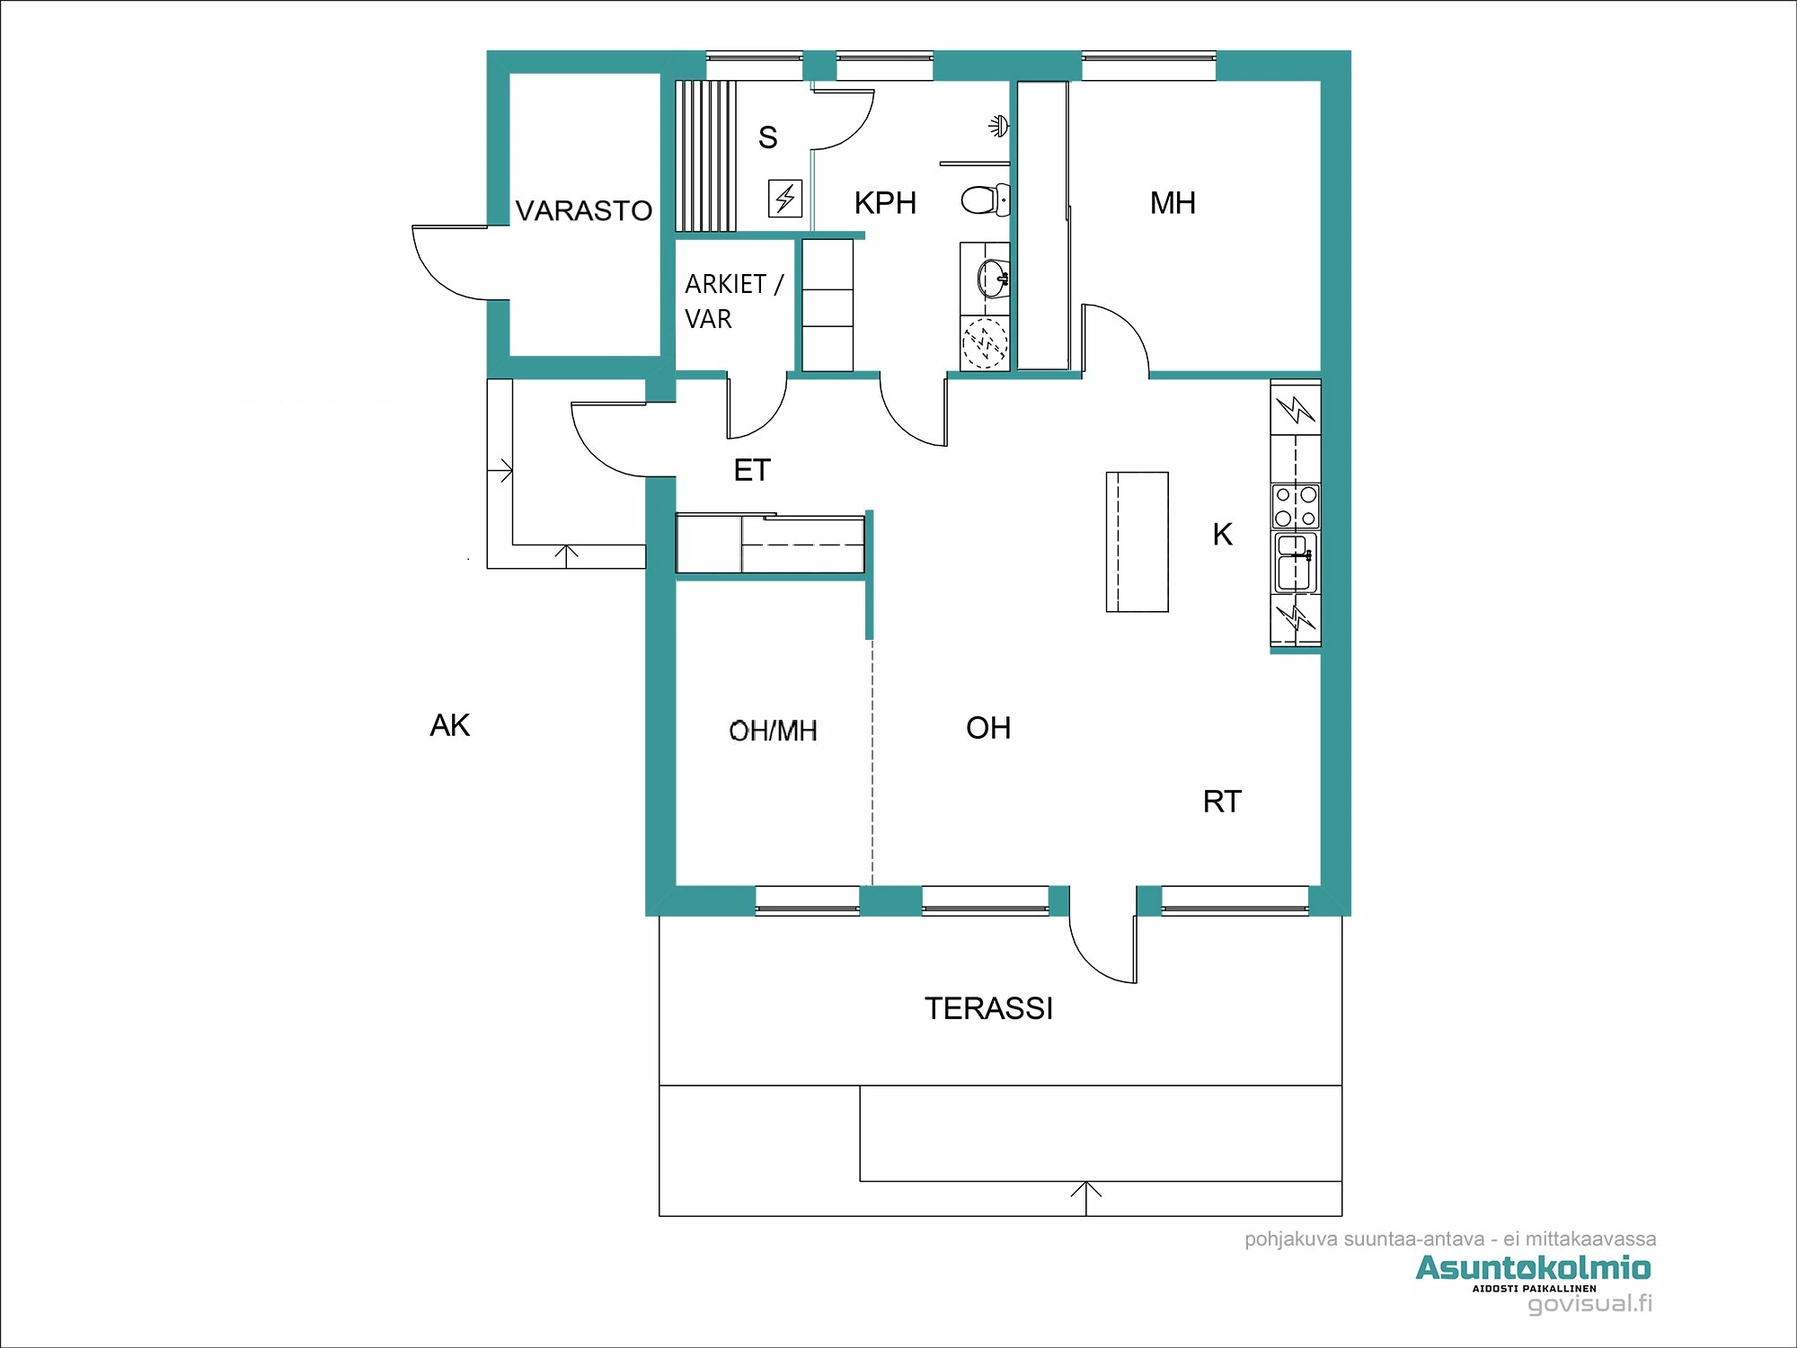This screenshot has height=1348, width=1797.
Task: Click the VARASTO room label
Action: click(x=583, y=210)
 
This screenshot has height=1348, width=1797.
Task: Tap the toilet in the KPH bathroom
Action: click(x=985, y=200)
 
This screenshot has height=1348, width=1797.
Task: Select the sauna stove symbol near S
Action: click(x=784, y=199)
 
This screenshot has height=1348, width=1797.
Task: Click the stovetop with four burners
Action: click(x=1296, y=506)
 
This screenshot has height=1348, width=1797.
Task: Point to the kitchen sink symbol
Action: click(x=1295, y=563)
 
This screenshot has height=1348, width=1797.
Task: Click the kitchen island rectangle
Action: click(x=1137, y=542)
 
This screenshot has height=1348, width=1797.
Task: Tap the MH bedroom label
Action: click(x=1173, y=203)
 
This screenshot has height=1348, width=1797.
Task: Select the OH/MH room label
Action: click(x=773, y=731)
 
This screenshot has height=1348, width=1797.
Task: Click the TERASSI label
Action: click(x=988, y=1008)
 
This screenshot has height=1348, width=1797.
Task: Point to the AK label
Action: click(x=449, y=725)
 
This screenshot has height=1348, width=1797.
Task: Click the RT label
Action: click(x=1222, y=802)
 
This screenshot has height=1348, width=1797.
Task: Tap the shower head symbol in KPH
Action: click(x=998, y=126)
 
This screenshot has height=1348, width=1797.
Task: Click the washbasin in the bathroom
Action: click(x=992, y=276)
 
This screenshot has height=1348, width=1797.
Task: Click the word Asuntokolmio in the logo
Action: click(x=1533, y=1268)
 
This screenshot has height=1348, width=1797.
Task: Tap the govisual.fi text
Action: click(x=1589, y=1304)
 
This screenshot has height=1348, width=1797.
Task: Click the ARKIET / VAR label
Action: click(x=733, y=301)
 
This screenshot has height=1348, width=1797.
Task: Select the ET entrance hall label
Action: click(x=752, y=470)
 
